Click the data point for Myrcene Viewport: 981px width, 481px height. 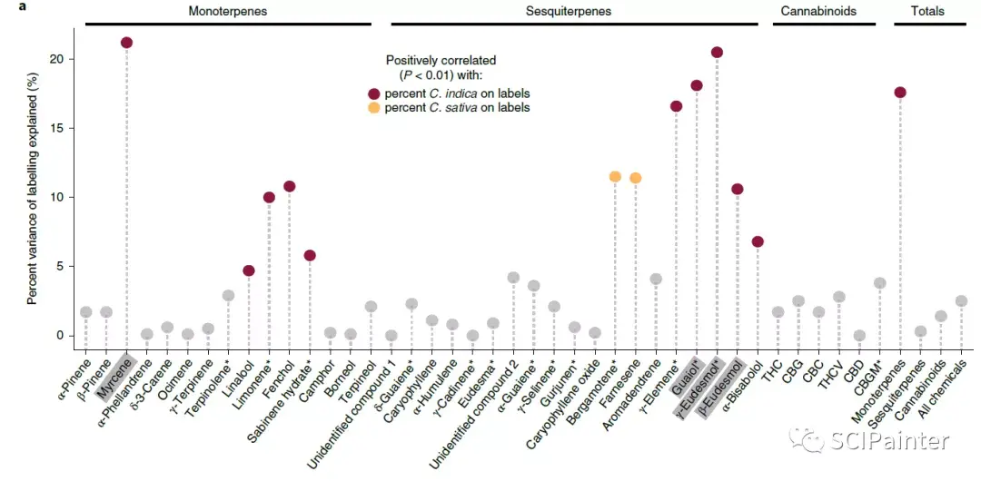click(x=126, y=43)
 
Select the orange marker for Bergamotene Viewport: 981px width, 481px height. click(x=615, y=177)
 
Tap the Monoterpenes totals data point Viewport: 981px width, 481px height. click(x=900, y=93)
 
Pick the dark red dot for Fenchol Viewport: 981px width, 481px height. click(x=289, y=186)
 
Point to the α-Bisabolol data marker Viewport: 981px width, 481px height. click(x=758, y=241)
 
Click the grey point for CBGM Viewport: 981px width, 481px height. click(x=879, y=283)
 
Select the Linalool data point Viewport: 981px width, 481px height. click(x=248, y=270)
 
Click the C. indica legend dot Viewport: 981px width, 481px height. click(x=372, y=93)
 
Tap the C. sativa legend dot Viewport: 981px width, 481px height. click(x=372, y=108)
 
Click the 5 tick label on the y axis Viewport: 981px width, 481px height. click(x=59, y=267)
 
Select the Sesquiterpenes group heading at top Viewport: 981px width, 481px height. click(x=568, y=12)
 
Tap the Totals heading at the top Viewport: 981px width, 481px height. click(x=927, y=12)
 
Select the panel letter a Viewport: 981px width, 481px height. click(x=8, y=9)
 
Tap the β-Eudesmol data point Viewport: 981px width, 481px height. click(x=737, y=190)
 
